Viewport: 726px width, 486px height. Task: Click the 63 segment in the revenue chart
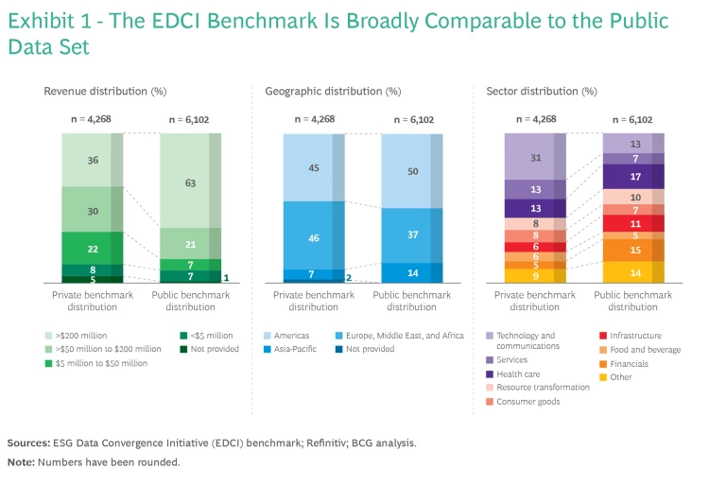pos(190,182)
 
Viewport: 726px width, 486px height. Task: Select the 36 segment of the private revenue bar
pos(93,160)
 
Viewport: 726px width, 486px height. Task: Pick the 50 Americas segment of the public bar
pos(411,171)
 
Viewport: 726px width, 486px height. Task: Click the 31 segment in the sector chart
pos(535,157)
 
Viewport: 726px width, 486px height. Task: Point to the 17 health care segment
pos(633,176)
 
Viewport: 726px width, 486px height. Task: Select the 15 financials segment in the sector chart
pos(633,250)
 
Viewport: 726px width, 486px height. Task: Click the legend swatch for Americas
pos(269,336)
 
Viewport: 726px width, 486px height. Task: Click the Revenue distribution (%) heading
pos(105,92)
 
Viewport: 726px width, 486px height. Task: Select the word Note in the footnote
pos(20,462)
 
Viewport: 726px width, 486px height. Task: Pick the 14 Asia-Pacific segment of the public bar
pos(411,272)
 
